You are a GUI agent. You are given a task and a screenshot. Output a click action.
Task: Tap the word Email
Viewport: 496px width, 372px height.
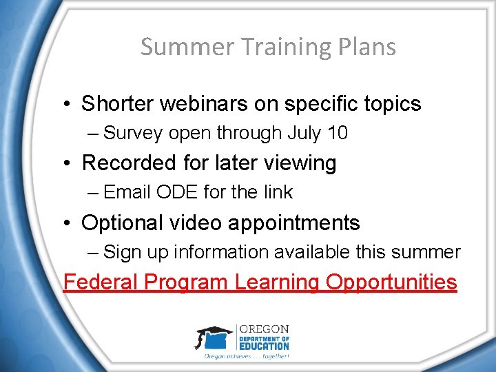pos(127,192)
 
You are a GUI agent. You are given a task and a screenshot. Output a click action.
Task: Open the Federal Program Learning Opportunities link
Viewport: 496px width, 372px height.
pos(260,282)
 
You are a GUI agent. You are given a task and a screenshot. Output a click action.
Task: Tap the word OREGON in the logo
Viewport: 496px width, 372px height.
pos(263,329)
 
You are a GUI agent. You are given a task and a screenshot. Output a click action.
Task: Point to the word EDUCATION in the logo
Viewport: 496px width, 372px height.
pos(263,346)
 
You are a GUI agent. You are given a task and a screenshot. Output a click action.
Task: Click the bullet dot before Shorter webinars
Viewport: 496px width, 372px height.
pos(67,105)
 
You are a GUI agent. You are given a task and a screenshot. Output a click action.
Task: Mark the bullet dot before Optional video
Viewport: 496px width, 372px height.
pos(67,224)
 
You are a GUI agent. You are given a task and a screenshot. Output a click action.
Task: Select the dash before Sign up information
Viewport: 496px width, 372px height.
pos(94,252)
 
